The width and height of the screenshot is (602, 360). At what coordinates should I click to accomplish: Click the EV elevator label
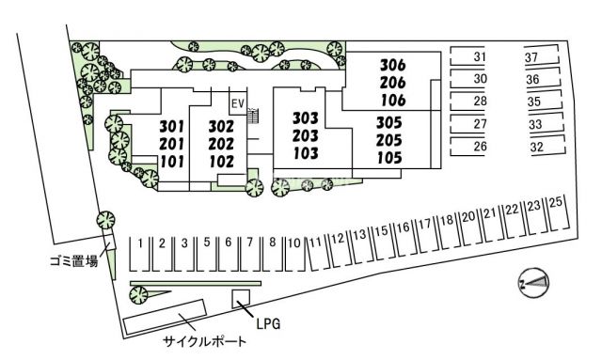pos(237,103)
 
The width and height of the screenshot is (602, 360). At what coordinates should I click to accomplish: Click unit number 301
pos(170,127)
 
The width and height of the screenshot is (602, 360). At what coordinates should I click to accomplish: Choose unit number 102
pos(221,160)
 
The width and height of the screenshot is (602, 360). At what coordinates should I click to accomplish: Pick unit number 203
pos(306,135)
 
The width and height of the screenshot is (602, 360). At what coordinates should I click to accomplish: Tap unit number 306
pos(392,66)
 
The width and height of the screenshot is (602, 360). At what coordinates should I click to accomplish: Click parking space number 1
pos(140,243)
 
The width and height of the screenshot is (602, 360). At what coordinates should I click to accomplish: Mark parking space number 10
pos(293,243)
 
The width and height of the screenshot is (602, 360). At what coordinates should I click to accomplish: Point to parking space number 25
pos(556,203)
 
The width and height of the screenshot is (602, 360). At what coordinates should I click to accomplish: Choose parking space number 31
pos(480,57)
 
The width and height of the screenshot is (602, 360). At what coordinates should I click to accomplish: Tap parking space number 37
pos(531,57)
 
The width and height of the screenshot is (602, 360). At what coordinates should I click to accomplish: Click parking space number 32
pos(537,147)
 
